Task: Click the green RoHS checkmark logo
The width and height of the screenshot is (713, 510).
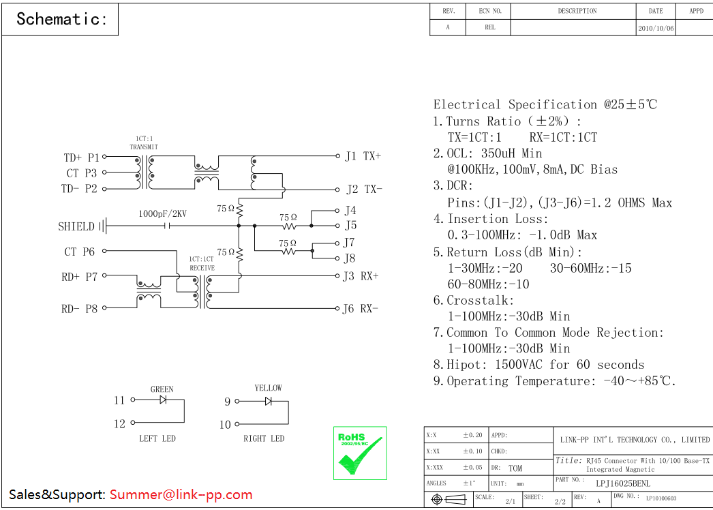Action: (359, 453)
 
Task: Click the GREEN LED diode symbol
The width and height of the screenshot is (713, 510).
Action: (164, 400)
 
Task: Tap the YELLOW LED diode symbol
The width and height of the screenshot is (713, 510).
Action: (269, 401)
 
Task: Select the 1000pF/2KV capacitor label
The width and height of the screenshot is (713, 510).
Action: (162, 213)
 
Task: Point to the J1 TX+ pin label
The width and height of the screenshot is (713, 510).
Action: (363, 156)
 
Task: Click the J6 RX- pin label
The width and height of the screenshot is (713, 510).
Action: (361, 309)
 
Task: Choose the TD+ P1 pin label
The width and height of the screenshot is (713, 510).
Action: (81, 158)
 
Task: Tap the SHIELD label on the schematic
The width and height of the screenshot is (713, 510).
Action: (76, 226)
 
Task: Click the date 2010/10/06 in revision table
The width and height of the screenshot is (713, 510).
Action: (656, 29)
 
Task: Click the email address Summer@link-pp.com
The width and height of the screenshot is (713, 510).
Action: (181, 495)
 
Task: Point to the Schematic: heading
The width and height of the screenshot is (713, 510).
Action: (61, 19)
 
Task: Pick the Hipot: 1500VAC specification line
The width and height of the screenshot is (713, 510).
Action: (538, 365)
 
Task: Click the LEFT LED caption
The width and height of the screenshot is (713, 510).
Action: (157, 438)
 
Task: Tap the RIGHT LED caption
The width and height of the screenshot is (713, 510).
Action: (264, 438)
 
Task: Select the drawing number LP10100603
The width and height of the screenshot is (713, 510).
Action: (661, 499)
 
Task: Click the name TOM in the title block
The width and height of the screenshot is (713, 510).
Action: (515, 468)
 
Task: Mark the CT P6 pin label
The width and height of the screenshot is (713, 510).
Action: (80, 252)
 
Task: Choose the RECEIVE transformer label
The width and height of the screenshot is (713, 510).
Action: (202, 268)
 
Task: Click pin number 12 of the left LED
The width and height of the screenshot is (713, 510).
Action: (120, 424)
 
